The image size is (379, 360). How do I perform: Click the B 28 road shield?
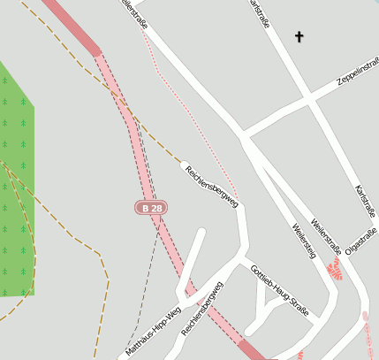click(x=150, y=208)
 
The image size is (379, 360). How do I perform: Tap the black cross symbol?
click(x=299, y=37)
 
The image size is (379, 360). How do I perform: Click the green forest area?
click(x=16, y=177)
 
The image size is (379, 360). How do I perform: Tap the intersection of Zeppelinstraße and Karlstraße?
click(x=311, y=98)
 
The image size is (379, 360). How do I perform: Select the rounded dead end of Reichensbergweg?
click(x=185, y=165)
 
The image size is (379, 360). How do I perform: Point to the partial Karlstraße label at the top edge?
click(x=260, y=12)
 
